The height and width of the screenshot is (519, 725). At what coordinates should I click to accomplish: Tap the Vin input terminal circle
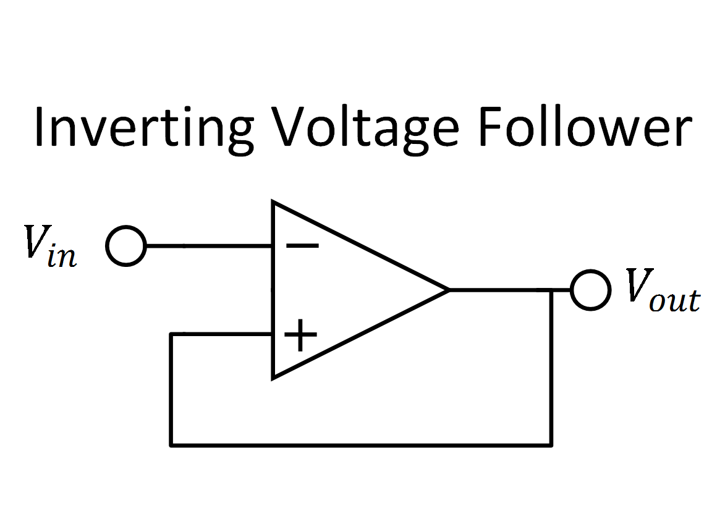[125, 246]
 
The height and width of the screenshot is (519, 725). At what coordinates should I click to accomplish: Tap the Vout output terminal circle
[590, 290]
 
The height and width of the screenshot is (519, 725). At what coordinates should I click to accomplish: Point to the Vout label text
[662, 290]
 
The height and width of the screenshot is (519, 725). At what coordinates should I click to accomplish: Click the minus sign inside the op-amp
[302, 246]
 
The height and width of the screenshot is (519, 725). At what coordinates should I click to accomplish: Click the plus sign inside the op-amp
[300, 335]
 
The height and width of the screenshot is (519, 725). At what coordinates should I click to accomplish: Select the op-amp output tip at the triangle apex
[447, 290]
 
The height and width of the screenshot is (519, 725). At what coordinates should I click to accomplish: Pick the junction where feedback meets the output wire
[551, 290]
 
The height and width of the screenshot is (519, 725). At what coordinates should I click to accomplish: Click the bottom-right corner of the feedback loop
[551, 444]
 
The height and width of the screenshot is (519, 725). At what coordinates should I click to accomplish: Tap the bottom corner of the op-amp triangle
[274, 377]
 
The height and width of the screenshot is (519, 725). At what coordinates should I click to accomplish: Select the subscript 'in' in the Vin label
[62, 256]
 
